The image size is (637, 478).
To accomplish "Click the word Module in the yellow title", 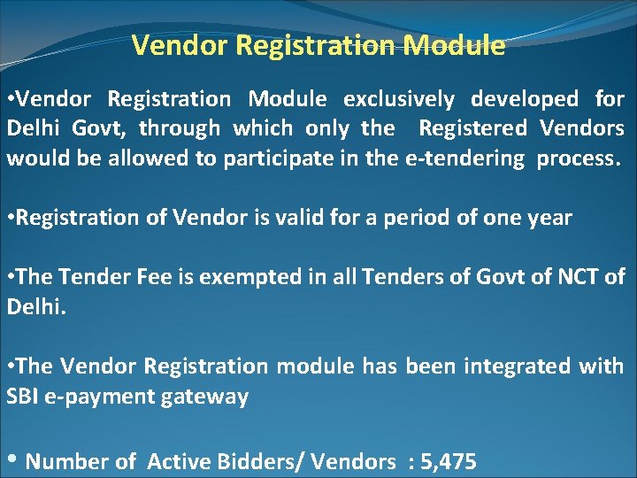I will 452,46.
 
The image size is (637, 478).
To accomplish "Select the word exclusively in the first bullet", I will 399,99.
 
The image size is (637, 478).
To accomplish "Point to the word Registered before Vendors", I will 472,128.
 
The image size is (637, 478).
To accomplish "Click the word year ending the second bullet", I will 549,218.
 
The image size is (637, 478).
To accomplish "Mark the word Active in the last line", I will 176,461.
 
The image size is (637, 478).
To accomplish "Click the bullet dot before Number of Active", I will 12,460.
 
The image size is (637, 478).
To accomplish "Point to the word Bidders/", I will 250,461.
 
